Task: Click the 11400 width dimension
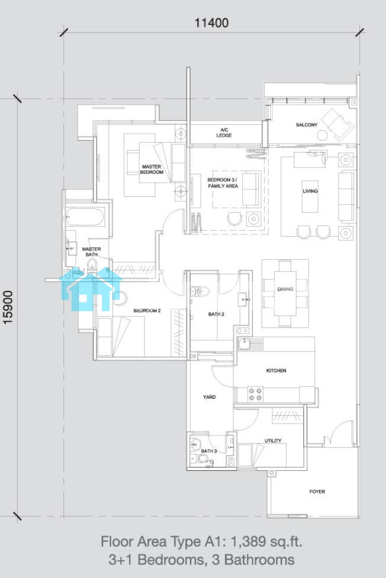point(211,23)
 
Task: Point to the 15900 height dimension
point(8,308)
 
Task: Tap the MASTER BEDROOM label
point(152,169)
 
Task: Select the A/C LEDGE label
point(224,133)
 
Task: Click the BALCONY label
point(307,125)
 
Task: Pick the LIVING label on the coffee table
point(310,191)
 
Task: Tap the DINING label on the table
point(285,289)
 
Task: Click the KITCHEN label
point(276,370)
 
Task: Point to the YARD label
point(209,397)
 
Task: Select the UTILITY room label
point(273,441)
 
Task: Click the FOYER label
point(317,492)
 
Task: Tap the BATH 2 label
point(216,314)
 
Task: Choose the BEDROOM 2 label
point(147,311)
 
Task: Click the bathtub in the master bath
point(85,217)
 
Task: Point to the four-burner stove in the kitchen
point(255,394)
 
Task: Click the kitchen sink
point(245,344)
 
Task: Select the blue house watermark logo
point(90,289)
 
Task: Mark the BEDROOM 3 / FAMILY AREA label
point(223,183)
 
